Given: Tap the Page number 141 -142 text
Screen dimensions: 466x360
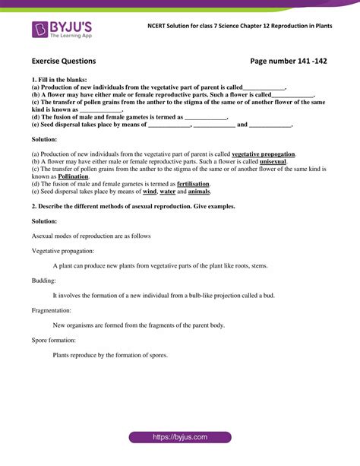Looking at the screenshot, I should [x=289, y=61].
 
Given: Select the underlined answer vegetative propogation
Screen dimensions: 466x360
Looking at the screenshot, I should [x=264, y=154].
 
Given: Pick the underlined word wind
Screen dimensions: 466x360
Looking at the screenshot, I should [x=150, y=192].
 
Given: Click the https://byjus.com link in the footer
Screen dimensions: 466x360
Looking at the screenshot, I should [x=179, y=438].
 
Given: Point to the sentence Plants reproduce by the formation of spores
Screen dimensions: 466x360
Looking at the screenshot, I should [x=110, y=355].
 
